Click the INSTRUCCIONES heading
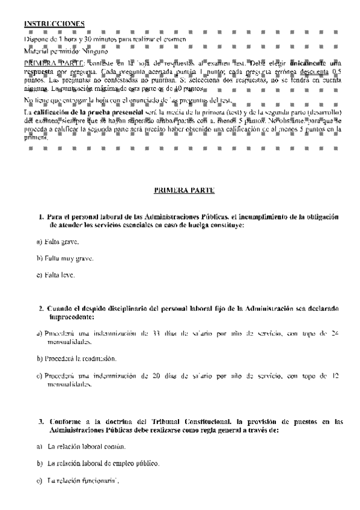tap(54, 23)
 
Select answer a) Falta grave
tap(58, 242)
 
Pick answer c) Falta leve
tap(56, 275)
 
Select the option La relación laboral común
tap(86, 447)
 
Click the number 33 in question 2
tap(156, 333)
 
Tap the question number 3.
tap(41, 422)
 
